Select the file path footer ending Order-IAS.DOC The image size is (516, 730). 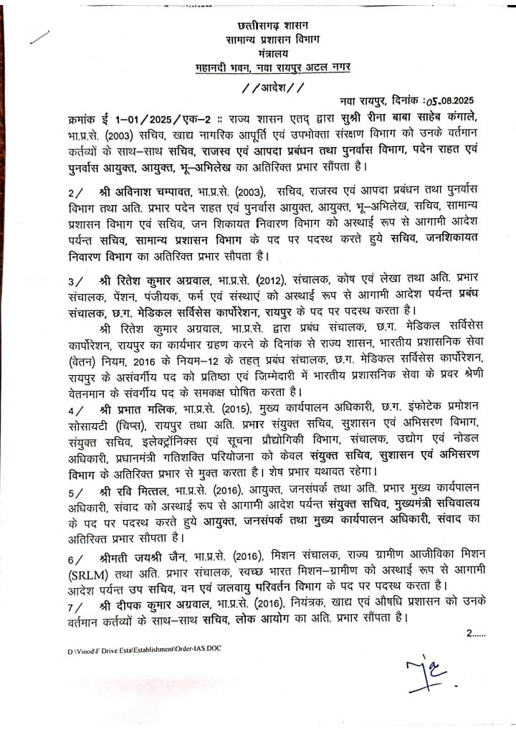[x=141, y=649]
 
